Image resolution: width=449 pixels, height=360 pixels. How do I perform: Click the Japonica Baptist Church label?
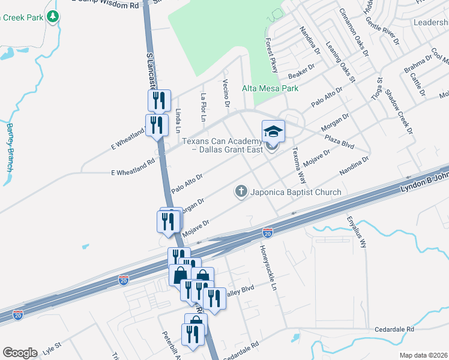(x=295, y=192)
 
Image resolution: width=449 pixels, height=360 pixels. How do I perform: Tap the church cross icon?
(x=241, y=192)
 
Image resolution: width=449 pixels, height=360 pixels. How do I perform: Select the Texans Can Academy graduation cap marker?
(x=272, y=130)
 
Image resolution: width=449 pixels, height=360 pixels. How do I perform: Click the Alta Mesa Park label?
(x=270, y=88)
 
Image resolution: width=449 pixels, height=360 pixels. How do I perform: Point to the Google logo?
(x=20, y=352)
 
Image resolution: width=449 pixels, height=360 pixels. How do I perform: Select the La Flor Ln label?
(x=203, y=107)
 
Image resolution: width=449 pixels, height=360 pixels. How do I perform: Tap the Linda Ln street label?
(x=178, y=119)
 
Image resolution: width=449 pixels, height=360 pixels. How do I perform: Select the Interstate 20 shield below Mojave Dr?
(x=268, y=231)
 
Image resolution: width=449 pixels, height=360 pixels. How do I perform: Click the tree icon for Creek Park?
(x=54, y=16)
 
